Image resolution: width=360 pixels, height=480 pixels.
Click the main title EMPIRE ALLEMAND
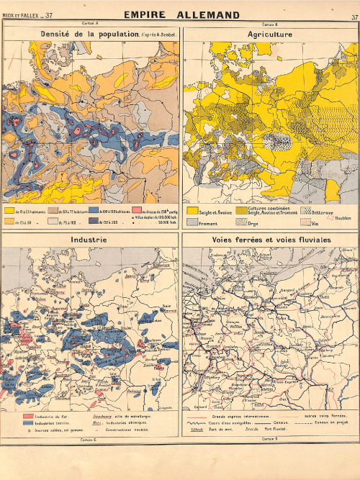point(181,14)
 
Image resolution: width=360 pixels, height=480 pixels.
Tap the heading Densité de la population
point(89,34)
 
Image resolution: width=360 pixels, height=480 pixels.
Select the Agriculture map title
point(269,34)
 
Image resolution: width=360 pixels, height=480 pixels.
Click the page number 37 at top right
point(354,17)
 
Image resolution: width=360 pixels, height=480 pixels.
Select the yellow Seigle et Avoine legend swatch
point(192,210)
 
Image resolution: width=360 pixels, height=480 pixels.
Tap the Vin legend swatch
point(305,224)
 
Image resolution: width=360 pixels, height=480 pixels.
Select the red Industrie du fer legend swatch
point(28,416)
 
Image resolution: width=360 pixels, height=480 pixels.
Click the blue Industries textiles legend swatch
point(28,423)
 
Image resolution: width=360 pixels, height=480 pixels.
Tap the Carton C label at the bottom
point(89,438)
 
